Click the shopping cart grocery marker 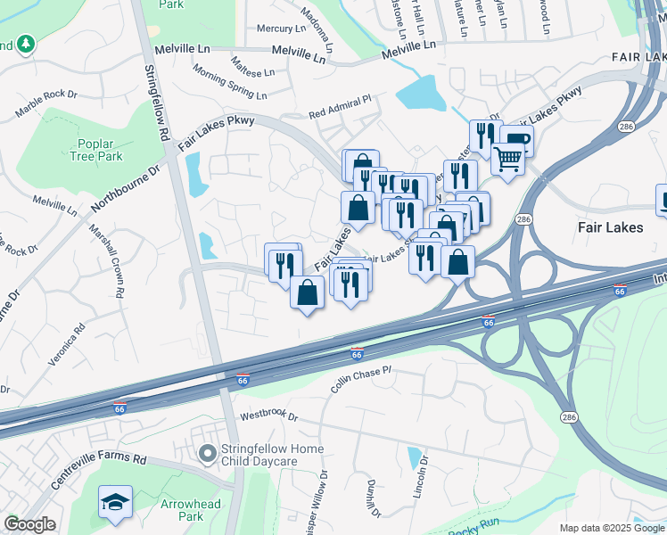pyautogui.click(x=507, y=159)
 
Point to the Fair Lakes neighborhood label pyautogui.click(x=610, y=227)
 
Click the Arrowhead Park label pyautogui.click(x=183, y=510)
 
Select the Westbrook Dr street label pyautogui.click(x=267, y=416)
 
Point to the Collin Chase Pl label pyautogui.click(x=361, y=379)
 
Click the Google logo pyautogui.click(x=29, y=525)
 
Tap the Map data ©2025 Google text pyautogui.click(x=612, y=528)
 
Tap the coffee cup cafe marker pyautogui.click(x=515, y=139)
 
